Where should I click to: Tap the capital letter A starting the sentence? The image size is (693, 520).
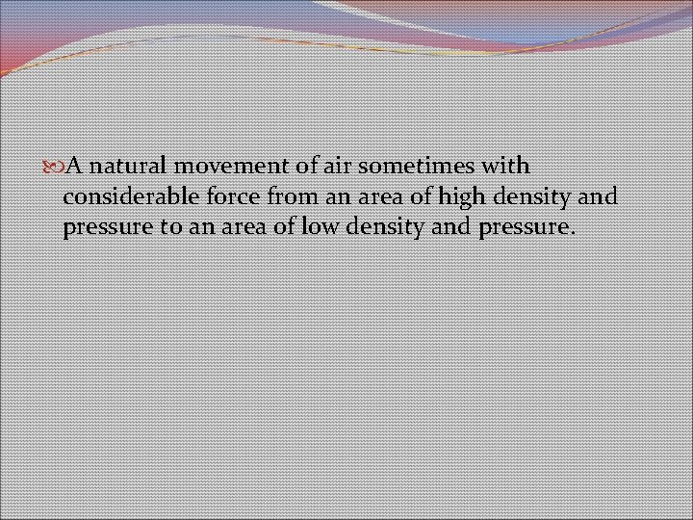(x=70, y=166)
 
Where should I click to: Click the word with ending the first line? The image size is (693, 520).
(x=504, y=166)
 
